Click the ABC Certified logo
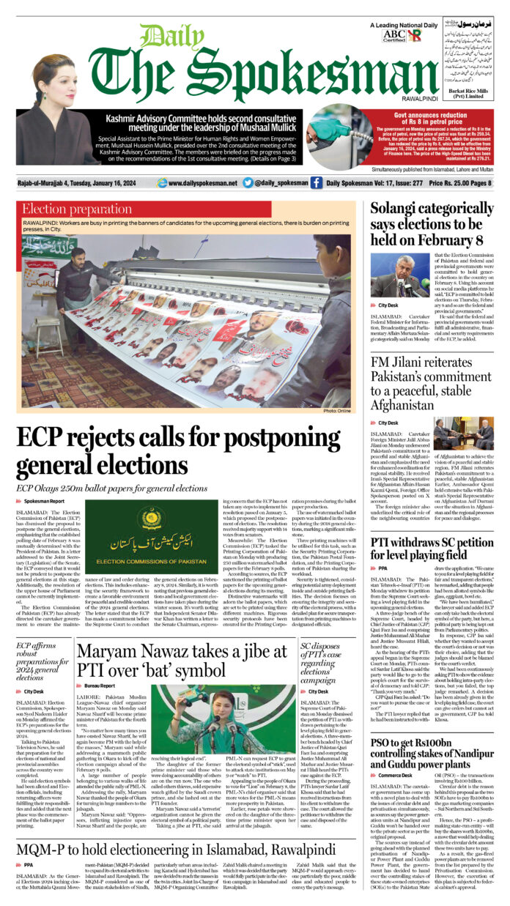(393, 34)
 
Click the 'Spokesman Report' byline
(43, 500)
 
